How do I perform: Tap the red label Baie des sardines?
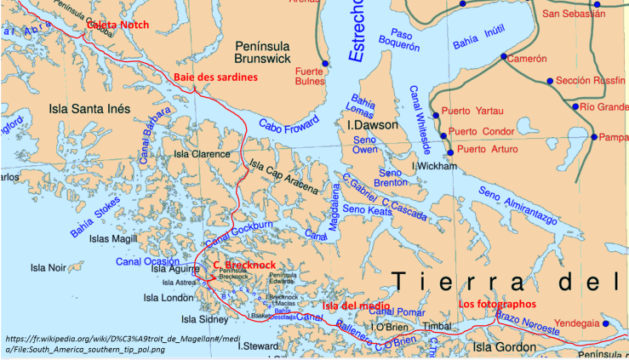tap(215, 77)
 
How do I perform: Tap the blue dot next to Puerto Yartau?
tap(435, 115)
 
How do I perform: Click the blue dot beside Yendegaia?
tap(605, 324)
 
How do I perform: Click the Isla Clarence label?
tap(202, 154)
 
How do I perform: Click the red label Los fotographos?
tap(498, 304)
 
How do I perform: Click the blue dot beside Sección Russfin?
tap(550, 81)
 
